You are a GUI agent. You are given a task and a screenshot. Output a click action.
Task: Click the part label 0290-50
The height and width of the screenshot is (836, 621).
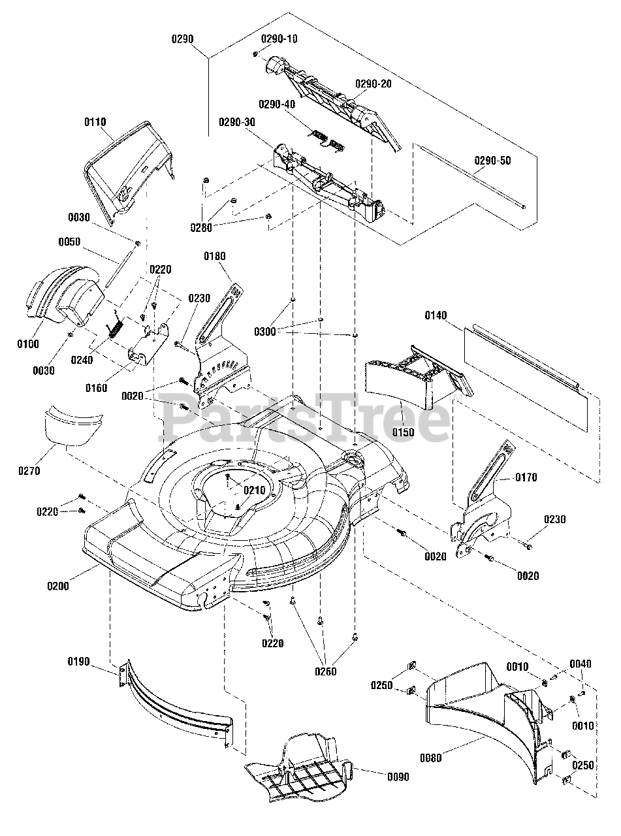492,161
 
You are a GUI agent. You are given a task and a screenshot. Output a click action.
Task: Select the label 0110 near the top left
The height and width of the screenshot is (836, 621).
95,122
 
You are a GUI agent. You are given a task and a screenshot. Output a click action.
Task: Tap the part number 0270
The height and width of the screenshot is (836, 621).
29,471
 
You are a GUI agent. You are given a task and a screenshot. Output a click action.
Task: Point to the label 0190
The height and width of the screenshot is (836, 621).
79,662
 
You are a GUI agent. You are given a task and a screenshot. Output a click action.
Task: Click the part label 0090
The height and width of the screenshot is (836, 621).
398,777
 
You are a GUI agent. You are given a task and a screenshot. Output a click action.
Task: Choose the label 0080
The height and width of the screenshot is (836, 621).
431,758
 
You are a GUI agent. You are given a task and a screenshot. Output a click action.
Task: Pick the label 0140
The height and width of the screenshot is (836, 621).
436,315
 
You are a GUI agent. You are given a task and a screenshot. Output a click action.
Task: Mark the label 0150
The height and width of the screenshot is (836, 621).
403,432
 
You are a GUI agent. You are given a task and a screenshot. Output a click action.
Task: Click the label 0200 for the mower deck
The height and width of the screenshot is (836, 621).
58,586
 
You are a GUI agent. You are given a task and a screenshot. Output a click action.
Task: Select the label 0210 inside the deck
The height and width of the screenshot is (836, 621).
255,490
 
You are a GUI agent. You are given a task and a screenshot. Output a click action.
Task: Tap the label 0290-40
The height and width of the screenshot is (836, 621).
277,104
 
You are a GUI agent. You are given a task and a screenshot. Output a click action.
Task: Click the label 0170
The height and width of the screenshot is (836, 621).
526,477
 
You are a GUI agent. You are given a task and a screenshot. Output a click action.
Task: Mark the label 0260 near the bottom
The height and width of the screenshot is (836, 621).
326,671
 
